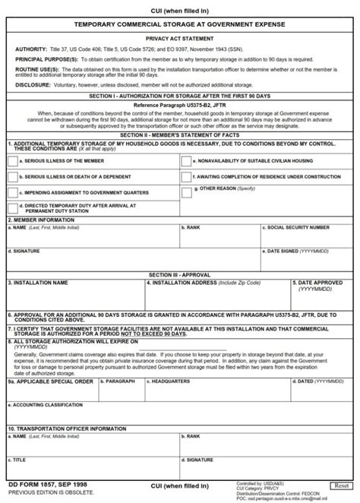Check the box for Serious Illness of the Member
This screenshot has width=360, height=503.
pyautogui.click(x=12, y=161)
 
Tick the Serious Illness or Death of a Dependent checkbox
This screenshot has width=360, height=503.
pyautogui.click(x=12, y=177)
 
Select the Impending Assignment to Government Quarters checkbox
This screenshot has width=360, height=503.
pyautogui.click(x=12, y=193)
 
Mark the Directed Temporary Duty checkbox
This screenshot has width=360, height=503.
pyautogui.click(x=12, y=207)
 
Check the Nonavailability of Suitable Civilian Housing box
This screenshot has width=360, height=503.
pyautogui.click(x=186, y=161)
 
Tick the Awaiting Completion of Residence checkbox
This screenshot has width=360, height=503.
pyautogui.click(x=186, y=177)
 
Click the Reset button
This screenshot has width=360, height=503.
pyautogui.click(x=340, y=485)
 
